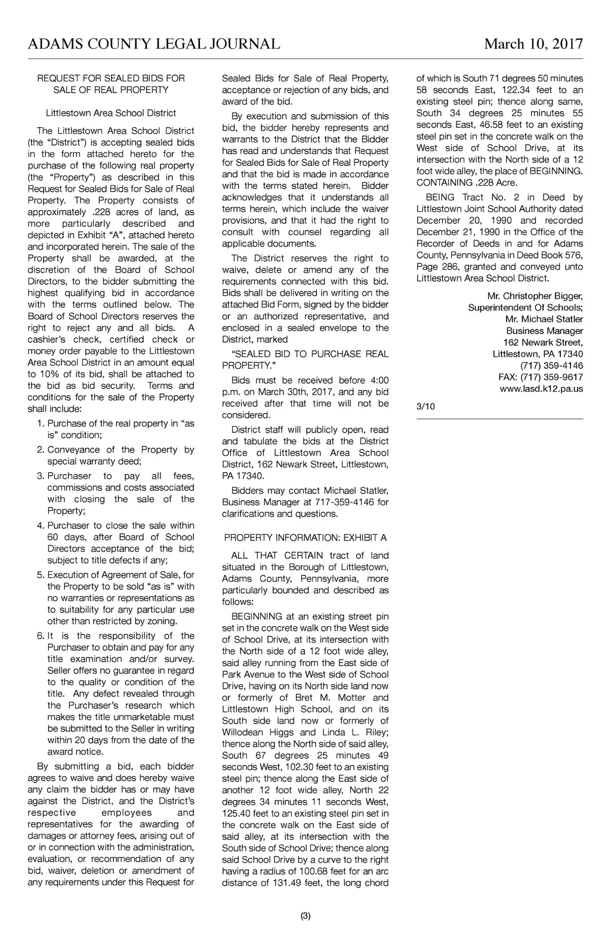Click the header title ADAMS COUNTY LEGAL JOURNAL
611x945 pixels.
click(x=154, y=44)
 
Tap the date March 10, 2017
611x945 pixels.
click(x=533, y=44)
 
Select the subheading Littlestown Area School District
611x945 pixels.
click(x=111, y=113)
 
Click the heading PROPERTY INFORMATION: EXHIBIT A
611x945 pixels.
click(x=305, y=537)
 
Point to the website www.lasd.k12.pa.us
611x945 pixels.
click(x=541, y=389)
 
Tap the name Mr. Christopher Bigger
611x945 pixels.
click(x=535, y=296)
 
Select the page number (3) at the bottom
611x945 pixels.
click(x=305, y=916)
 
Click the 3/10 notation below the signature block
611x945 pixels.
click(x=426, y=407)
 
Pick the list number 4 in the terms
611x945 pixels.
click(x=41, y=525)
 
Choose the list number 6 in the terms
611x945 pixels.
click(x=41, y=636)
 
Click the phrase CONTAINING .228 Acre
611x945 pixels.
click(x=467, y=183)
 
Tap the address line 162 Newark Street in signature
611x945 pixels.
click(x=543, y=342)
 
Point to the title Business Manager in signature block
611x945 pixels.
click(x=545, y=331)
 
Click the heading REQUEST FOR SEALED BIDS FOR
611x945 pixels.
click(x=111, y=78)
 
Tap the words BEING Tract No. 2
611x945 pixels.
click(x=471, y=197)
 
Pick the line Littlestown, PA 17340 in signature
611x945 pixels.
click(x=538, y=354)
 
